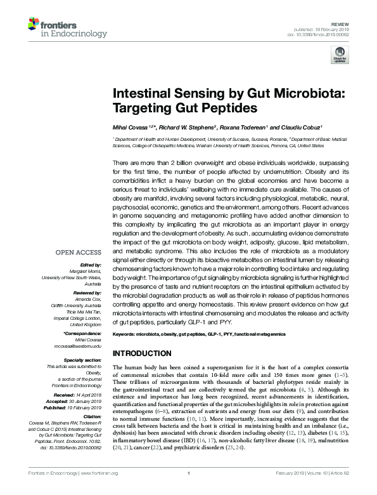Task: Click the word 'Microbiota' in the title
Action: (304, 94)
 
